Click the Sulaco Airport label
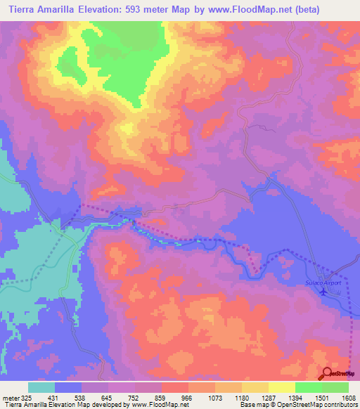(x=323, y=283)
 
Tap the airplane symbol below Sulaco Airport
(x=323, y=292)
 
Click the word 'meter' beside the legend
(x=11, y=398)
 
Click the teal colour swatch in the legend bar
(x=41, y=387)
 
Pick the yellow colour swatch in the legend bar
(x=281, y=387)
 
